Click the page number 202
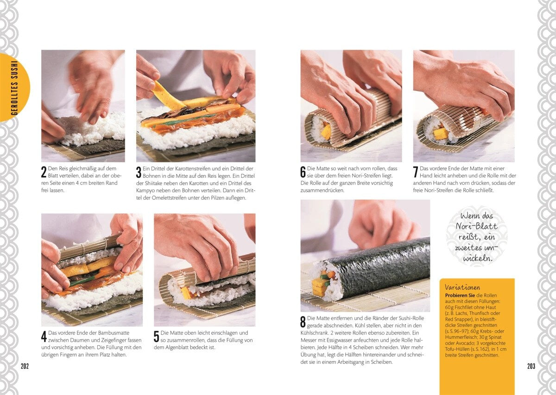(x=25, y=366)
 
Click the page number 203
(x=531, y=366)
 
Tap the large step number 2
(x=44, y=172)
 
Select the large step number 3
(x=139, y=172)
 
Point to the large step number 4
(x=44, y=337)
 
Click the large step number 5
(x=157, y=337)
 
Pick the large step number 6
(x=303, y=172)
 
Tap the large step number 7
(x=416, y=172)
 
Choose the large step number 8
(x=303, y=322)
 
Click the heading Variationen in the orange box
(x=462, y=287)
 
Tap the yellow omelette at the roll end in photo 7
(x=440, y=134)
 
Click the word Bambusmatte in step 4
(x=114, y=332)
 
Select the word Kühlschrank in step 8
(x=317, y=332)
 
